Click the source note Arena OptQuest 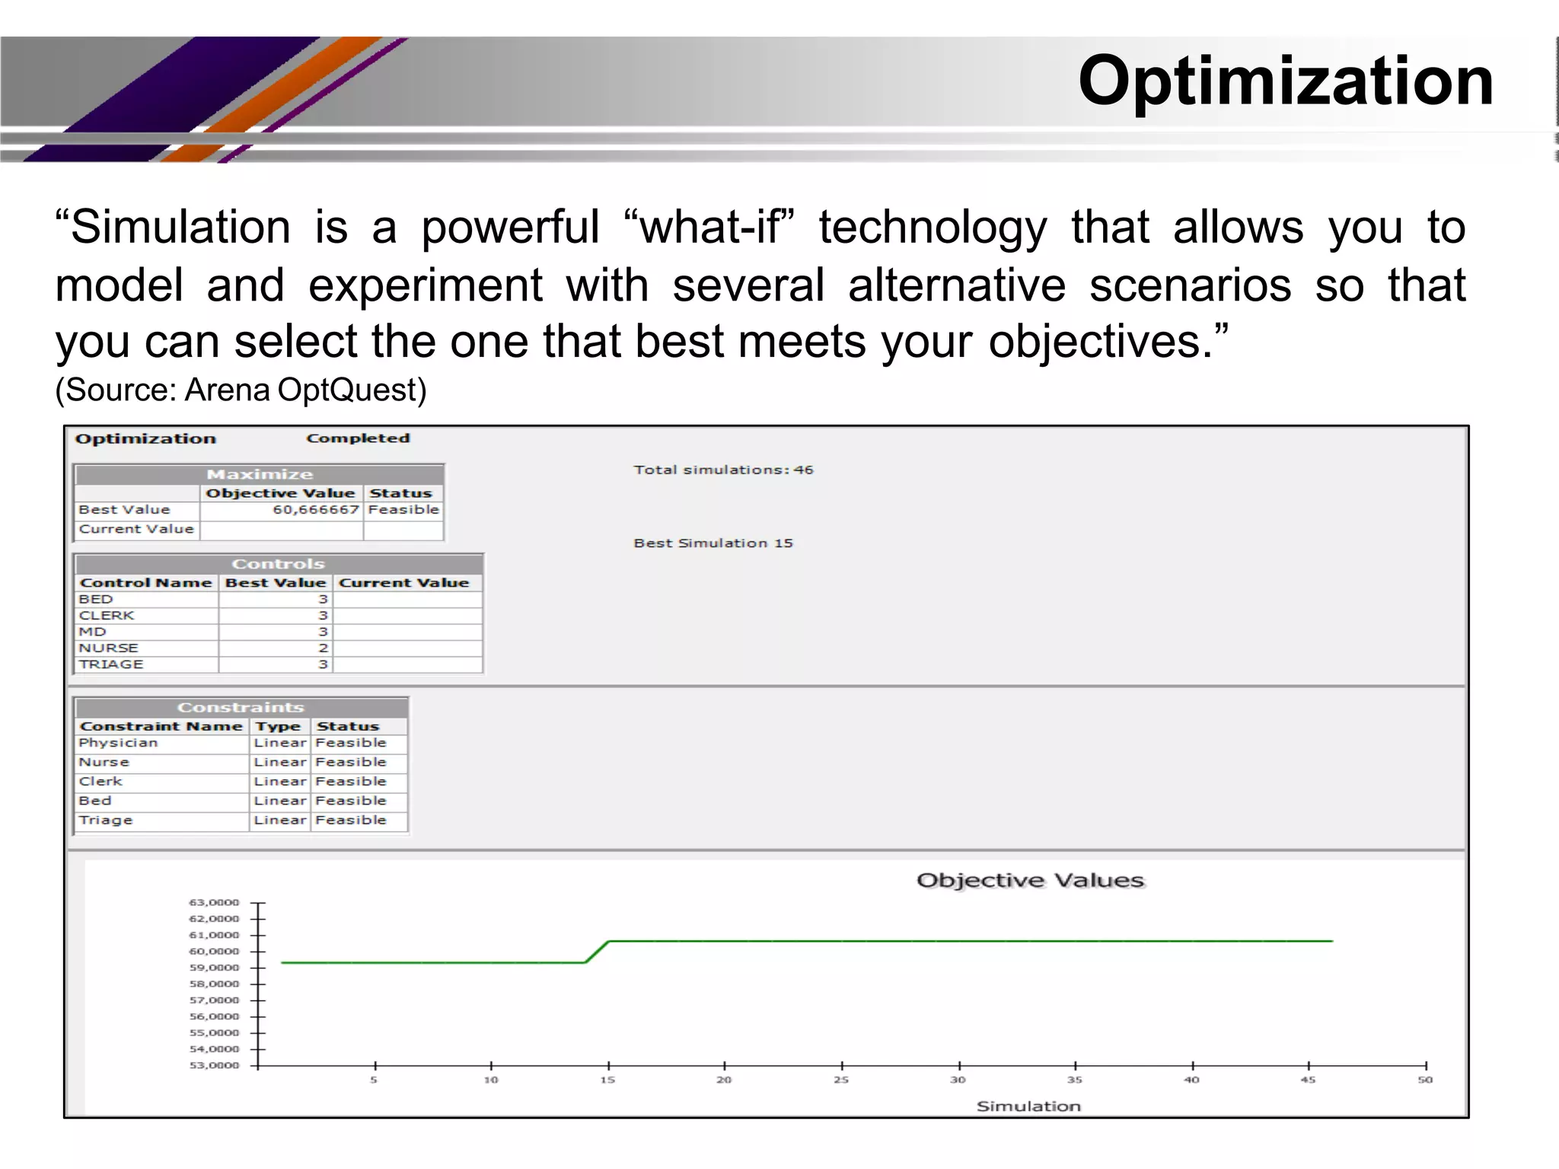tap(241, 390)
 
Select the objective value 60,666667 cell tap(315, 510)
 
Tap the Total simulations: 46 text tap(723, 470)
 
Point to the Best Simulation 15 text tap(713, 543)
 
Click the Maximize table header tap(260, 474)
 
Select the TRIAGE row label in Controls tap(111, 664)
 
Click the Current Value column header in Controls tap(403, 583)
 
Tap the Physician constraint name tap(118, 743)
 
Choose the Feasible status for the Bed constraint tap(351, 801)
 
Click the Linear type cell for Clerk tap(279, 782)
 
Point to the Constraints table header tap(241, 707)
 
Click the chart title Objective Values tap(1030, 881)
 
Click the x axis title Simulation tap(1028, 1106)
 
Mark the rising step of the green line tap(597, 952)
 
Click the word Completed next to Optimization tap(358, 438)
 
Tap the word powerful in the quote tap(510, 228)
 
